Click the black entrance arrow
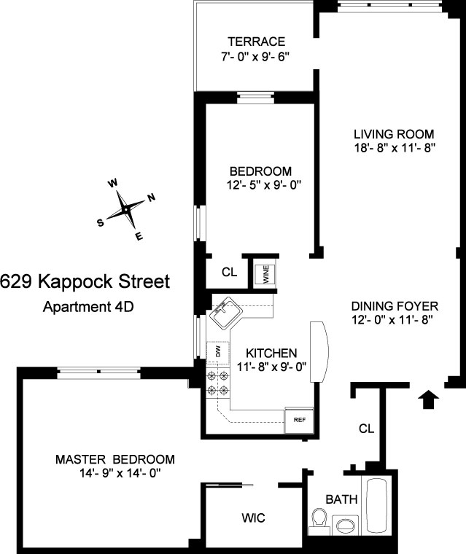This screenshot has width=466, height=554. click(x=430, y=398)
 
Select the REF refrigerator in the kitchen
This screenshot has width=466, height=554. click(x=299, y=419)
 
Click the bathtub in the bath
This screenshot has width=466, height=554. click(x=380, y=507)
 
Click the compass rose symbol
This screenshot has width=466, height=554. click(x=126, y=209)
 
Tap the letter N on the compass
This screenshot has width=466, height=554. click(x=151, y=198)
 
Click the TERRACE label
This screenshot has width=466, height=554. click(x=255, y=42)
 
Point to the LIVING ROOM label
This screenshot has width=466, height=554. click(x=394, y=134)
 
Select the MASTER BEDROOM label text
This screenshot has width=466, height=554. click(x=115, y=459)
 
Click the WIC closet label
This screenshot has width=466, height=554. click(x=253, y=518)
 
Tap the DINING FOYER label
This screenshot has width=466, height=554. click(x=393, y=306)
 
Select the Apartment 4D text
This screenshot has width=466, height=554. click(x=86, y=306)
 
